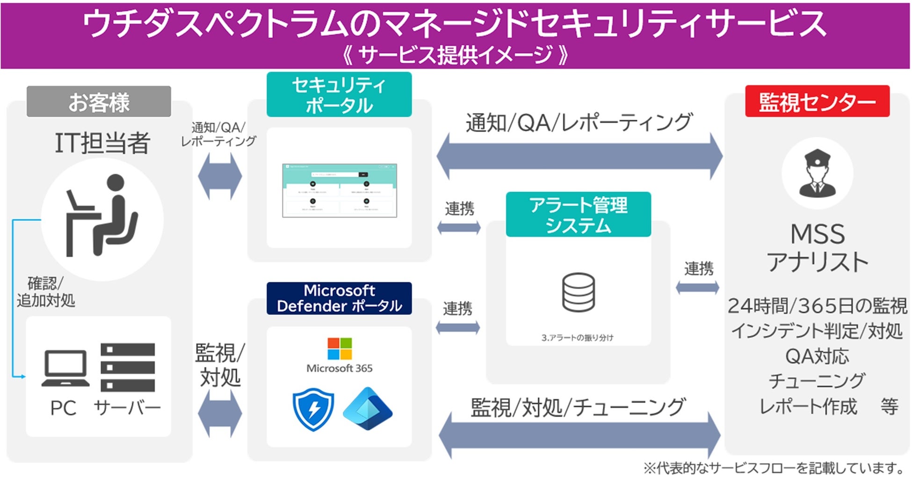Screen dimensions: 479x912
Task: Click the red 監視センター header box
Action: [x=817, y=101]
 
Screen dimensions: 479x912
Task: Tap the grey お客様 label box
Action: [x=99, y=101]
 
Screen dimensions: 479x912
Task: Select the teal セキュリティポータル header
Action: [x=339, y=95]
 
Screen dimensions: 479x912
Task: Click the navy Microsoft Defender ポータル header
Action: [x=339, y=298]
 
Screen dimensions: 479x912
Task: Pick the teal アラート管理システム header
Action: [x=578, y=214]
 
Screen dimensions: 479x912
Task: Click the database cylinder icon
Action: [x=578, y=293]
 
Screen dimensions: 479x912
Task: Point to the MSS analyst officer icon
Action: [x=817, y=173]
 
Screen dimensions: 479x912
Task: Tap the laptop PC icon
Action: [x=65, y=369]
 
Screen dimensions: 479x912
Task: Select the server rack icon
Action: [x=127, y=367]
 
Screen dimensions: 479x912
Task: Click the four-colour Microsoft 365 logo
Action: [x=340, y=349]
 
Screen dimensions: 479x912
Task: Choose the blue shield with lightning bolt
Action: [x=313, y=410]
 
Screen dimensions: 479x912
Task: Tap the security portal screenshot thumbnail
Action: [x=340, y=191]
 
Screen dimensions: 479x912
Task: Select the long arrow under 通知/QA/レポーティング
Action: [x=579, y=156]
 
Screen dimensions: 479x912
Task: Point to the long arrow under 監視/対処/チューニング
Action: [x=579, y=435]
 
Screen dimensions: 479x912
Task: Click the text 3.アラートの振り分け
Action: [x=577, y=337]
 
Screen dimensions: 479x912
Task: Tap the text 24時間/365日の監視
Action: [x=817, y=306]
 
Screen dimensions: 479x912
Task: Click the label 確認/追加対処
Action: [x=45, y=292]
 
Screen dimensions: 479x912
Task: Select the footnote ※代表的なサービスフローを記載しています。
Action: [x=774, y=468]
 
